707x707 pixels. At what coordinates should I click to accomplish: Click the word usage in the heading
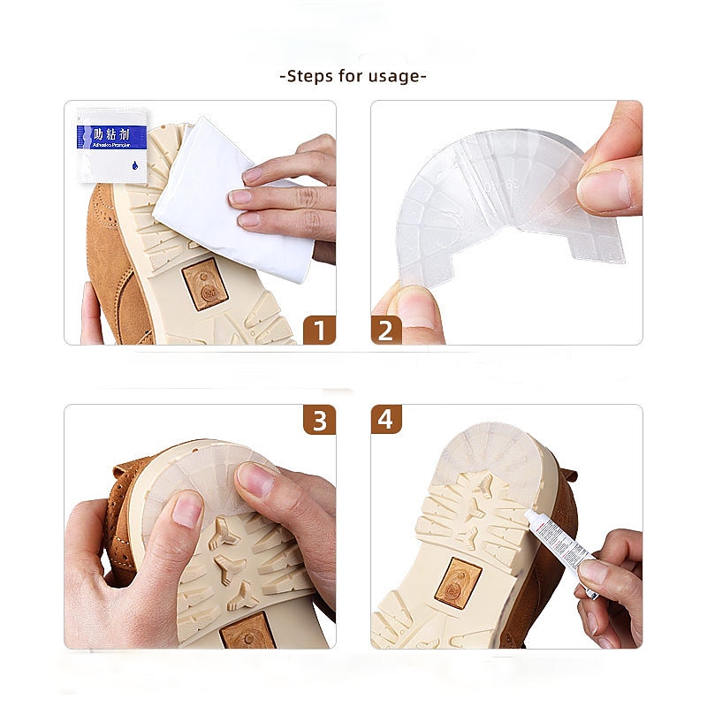[x=396, y=76]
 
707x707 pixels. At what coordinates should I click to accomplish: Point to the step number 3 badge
[x=318, y=420]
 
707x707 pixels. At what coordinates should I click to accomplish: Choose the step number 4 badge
[x=386, y=420]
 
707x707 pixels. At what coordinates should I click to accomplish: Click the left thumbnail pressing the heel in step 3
[x=186, y=510]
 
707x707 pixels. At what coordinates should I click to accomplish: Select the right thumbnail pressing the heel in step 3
[x=256, y=480]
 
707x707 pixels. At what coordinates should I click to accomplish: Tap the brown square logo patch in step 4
[x=458, y=583]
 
